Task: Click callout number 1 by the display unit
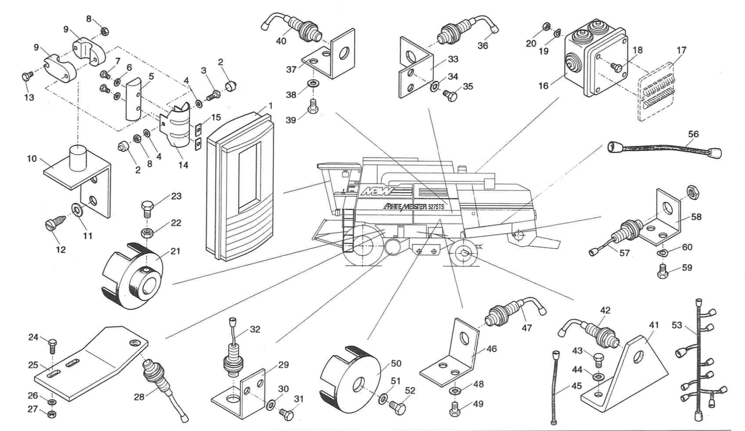click(x=270, y=106)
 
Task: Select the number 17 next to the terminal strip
click(x=681, y=51)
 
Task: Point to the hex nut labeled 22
click(x=147, y=231)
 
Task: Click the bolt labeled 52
click(x=397, y=408)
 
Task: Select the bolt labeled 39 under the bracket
click(x=313, y=106)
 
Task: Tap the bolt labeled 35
click(x=450, y=94)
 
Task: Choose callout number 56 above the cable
click(x=693, y=134)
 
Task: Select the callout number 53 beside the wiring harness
click(x=677, y=325)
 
